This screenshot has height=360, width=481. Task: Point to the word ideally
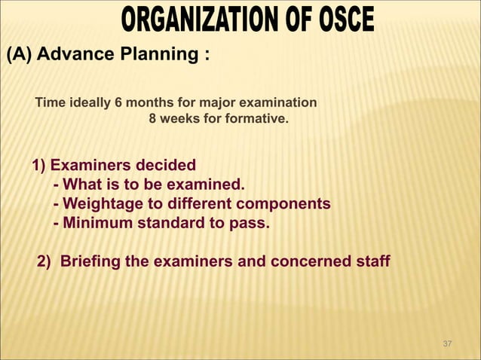87,102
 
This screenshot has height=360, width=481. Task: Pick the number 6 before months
115,102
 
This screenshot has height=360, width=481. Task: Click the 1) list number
38,166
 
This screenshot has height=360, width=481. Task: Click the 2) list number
44,262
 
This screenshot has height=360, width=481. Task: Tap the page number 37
447,344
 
